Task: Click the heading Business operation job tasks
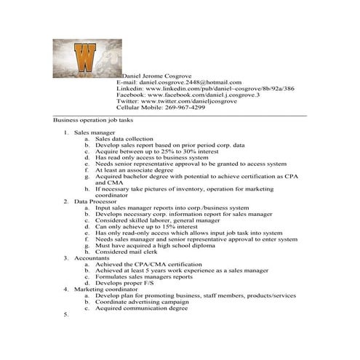[x=93, y=119]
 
